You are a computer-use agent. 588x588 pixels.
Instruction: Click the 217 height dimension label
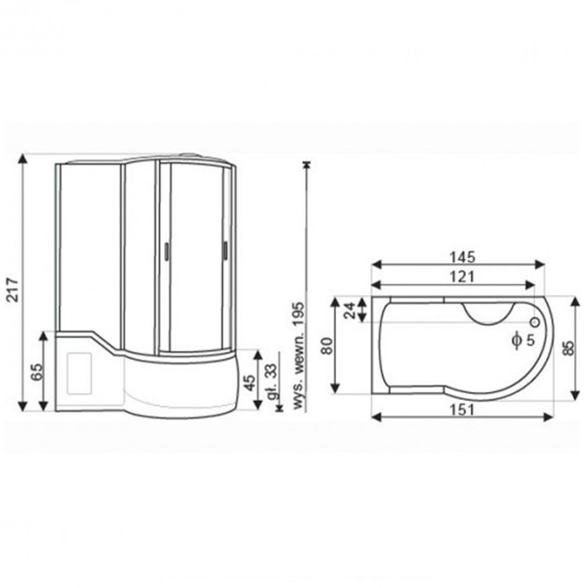[x=13, y=289]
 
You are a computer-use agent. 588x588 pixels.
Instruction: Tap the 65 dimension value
[x=36, y=372]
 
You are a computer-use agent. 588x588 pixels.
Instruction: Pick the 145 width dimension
[x=462, y=258]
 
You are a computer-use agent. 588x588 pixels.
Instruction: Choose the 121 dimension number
[x=462, y=277]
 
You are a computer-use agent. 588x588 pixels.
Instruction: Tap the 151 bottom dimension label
[x=462, y=409]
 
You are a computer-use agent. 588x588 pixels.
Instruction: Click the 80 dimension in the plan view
[x=326, y=346]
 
